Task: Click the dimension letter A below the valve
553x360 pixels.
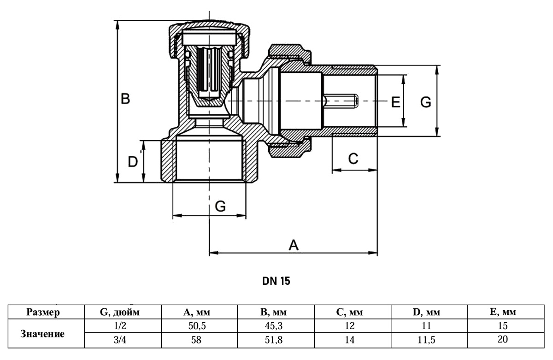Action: pyautogui.click(x=294, y=245)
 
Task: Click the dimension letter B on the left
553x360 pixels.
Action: pyautogui.click(x=125, y=99)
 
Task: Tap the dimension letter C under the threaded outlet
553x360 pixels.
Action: pyautogui.click(x=353, y=159)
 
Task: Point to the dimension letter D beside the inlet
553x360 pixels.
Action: pyautogui.click(x=133, y=162)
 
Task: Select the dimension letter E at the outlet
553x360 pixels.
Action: pyautogui.click(x=395, y=102)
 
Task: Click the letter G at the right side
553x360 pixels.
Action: pyautogui.click(x=426, y=102)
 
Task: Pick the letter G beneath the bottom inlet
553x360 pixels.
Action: pyautogui.click(x=220, y=206)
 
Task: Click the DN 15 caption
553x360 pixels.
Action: pyautogui.click(x=276, y=281)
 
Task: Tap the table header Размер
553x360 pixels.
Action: pyautogui.click(x=43, y=312)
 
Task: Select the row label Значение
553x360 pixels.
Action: pyautogui.click(x=42, y=334)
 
